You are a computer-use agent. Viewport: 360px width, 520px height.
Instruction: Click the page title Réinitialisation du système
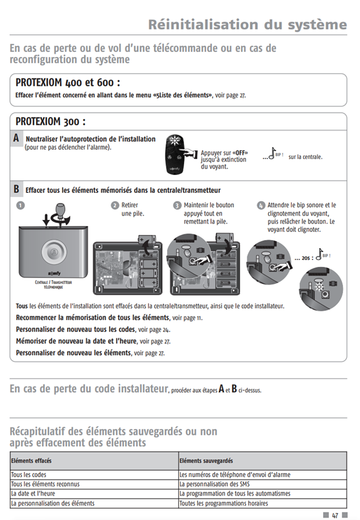[x=247, y=25]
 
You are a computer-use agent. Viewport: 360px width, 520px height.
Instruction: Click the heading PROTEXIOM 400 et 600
[x=68, y=82]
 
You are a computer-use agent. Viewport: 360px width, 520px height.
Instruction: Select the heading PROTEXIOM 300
[x=50, y=122]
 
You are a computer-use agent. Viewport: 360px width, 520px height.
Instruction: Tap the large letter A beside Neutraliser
[x=16, y=138]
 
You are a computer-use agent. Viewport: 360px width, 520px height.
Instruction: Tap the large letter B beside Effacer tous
[x=16, y=189]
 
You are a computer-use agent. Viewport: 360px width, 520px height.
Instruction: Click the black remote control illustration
[x=175, y=155]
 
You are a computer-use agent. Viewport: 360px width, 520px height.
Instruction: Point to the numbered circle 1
[x=21, y=205]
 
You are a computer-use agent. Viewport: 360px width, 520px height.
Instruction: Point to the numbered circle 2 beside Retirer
[x=115, y=205]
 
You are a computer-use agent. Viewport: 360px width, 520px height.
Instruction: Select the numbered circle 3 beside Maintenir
[x=177, y=205]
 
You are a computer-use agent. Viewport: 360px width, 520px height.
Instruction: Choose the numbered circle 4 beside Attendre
[x=261, y=205]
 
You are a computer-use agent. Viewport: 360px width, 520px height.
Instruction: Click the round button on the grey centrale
[x=54, y=252]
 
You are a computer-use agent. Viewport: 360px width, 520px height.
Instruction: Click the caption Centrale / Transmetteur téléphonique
[x=53, y=284]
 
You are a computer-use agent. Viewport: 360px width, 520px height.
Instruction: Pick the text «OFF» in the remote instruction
[x=240, y=153]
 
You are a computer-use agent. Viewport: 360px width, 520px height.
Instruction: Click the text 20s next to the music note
[x=306, y=258]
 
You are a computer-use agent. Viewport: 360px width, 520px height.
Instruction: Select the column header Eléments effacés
[x=31, y=460]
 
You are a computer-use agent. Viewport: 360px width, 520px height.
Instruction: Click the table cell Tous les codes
[x=29, y=474]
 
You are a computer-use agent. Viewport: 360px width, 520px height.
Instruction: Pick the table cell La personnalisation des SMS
[x=215, y=484]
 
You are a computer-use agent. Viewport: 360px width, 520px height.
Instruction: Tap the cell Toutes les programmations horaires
[x=224, y=504]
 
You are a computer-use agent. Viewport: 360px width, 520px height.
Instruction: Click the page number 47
[x=335, y=515]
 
